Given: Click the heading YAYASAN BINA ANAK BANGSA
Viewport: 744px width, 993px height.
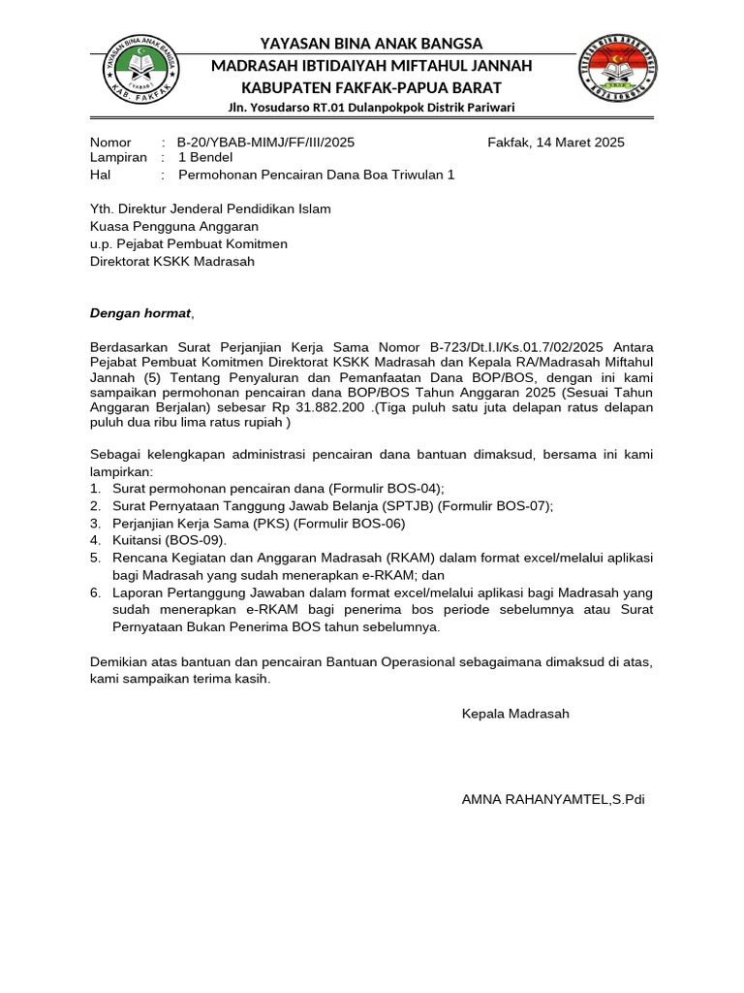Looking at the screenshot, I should (x=372, y=44).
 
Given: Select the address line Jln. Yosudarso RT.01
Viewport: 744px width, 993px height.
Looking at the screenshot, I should (x=372, y=107).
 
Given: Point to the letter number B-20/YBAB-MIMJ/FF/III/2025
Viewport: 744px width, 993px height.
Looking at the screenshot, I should (x=265, y=143).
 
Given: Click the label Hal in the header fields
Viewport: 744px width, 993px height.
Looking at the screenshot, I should (x=101, y=175).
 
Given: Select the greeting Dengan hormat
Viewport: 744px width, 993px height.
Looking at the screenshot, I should (x=141, y=313).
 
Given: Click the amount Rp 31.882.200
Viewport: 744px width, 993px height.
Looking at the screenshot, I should (x=326, y=408).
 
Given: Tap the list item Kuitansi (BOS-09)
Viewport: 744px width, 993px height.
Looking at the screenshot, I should (x=170, y=540).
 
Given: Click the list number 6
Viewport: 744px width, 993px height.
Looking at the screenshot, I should (x=95, y=593).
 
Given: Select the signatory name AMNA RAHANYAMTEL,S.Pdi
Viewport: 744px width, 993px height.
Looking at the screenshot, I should (x=553, y=800).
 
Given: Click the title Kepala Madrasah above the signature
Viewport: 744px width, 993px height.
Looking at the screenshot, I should (x=515, y=714).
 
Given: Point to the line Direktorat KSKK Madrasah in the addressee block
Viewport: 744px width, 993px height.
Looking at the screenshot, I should (x=172, y=261).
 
